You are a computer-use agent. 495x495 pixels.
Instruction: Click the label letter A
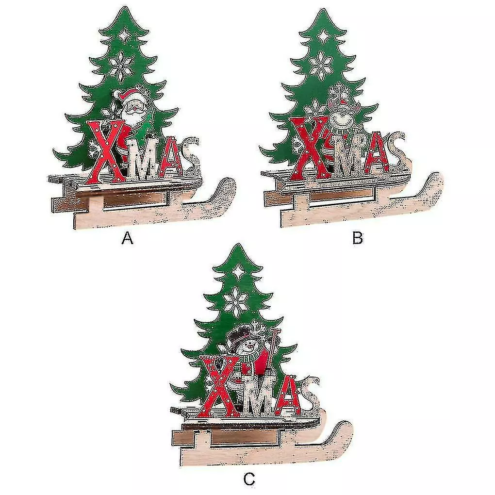pyautogui.click(x=127, y=238)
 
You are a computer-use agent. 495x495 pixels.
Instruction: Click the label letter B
pyautogui.click(x=357, y=238)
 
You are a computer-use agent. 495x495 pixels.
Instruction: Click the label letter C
pyautogui.click(x=249, y=480)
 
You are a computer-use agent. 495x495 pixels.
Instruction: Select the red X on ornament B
pyautogui.click(x=311, y=148)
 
